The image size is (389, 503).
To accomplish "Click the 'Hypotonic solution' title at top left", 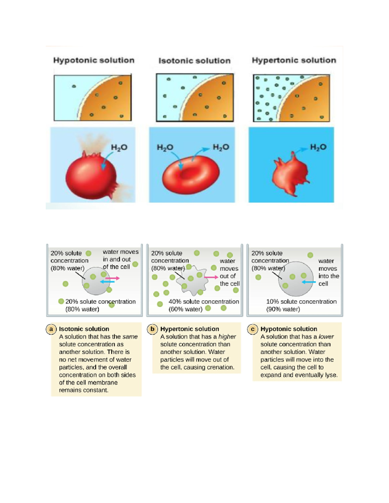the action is (x=94, y=60).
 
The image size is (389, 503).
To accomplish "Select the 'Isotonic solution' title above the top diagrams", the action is (x=194, y=61).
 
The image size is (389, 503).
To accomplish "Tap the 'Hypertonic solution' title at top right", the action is (x=294, y=60).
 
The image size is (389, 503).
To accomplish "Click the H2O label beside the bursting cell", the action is (x=119, y=148).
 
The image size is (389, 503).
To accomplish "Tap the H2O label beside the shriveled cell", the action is (x=318, y=147).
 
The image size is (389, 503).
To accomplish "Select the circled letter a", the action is (x=51, y=329).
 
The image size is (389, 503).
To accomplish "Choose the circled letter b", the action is (x=152, y=329).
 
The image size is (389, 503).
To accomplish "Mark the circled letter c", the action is (x=253, y=329).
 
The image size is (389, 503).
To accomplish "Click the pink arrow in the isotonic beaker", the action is (x=112, y=278).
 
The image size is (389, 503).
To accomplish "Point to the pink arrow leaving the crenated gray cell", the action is (x=211, y=277).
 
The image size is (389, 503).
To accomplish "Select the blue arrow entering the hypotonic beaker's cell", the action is (x=309, y=282).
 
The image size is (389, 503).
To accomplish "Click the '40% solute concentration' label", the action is (x=204, y=302).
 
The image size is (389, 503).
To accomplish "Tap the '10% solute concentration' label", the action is (x=301, y=302).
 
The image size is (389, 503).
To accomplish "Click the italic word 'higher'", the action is (x=227, y=337).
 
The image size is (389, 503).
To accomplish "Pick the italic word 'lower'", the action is (x=326, y=337).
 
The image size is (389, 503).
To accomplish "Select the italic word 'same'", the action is (x=130, y=337).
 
